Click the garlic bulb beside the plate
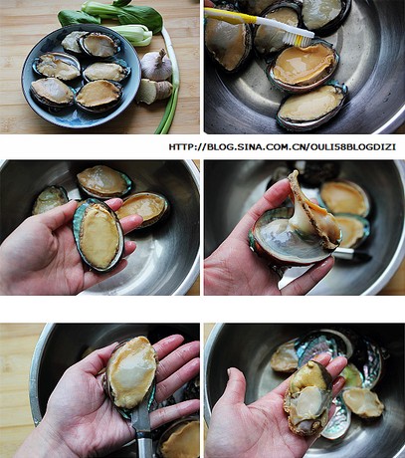(155, 66)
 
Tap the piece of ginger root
(153, 91)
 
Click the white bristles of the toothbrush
(301, 39)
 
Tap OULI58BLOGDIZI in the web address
(353, 147)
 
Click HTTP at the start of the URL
(182, 147)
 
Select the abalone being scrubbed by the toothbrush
(304, 65)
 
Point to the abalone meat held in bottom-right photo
(307, 397)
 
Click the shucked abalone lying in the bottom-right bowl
(362, 402)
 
